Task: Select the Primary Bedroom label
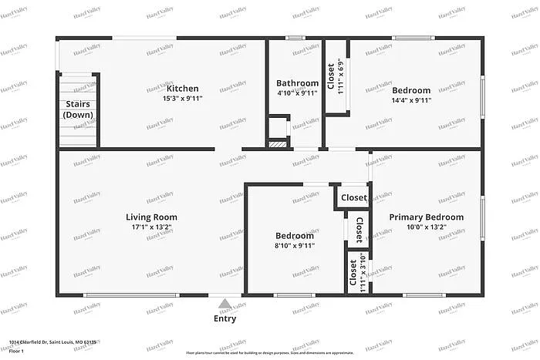tap(426, 217)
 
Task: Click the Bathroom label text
tap(297, 83)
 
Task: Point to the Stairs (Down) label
tap(78, 109)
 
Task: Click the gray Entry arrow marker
tap(224, 304)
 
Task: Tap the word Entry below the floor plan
tap(224, 318)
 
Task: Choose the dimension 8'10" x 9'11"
tap(295, 245)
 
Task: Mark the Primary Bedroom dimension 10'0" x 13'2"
tap(426, 228)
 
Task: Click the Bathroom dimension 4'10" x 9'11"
tap(297, 93)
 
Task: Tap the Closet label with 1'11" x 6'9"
tap(331, 76)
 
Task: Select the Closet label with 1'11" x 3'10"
tap(353, 273)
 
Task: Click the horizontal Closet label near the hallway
tap(354, 198)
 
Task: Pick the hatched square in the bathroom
tap(277, 143)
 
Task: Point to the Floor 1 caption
tap(17, 351)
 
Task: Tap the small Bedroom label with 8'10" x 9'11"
tap(295, 235)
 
